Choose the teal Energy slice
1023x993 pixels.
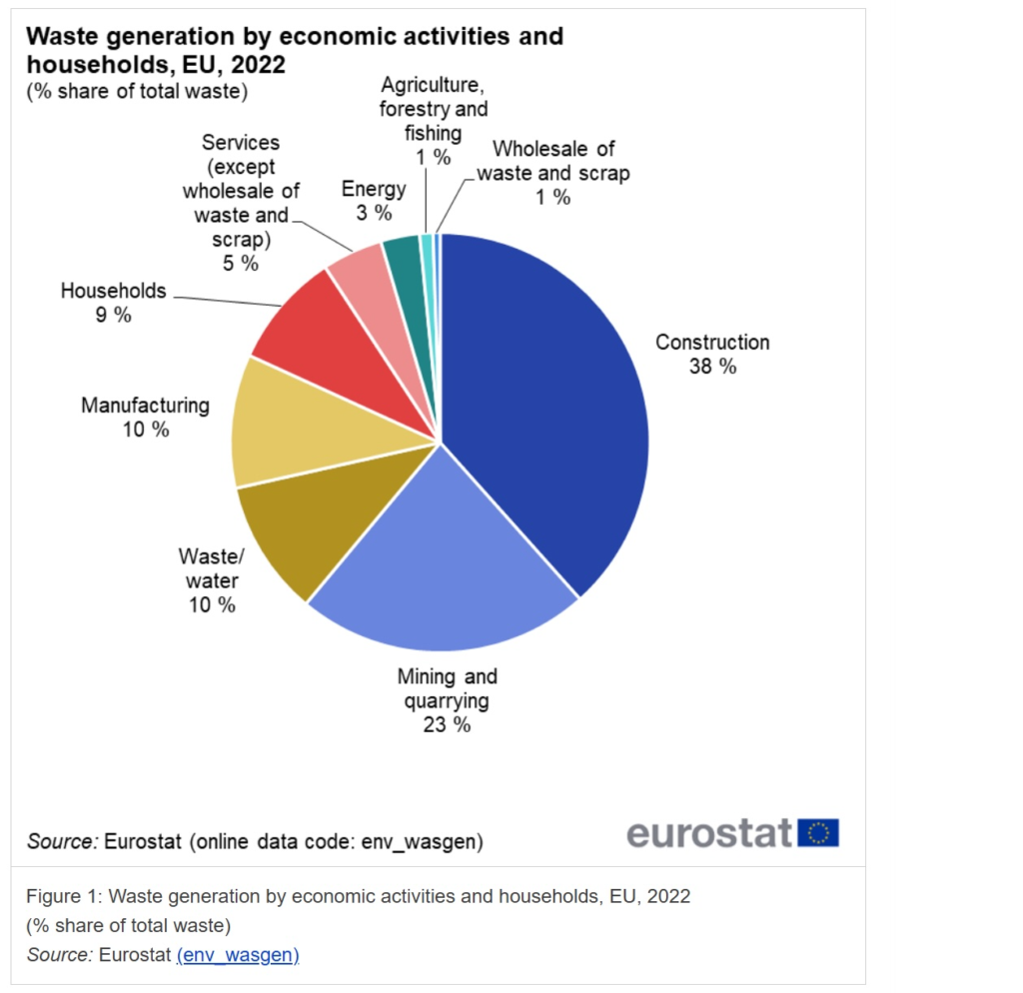click(403, 257)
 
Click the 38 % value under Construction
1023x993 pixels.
click(712, 367)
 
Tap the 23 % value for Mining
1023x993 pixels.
click(447, 724)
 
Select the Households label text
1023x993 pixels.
click(113, 291)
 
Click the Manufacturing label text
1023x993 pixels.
click(145, 405)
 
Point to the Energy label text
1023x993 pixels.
click(374, 189)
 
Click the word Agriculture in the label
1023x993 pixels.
click(431, 85)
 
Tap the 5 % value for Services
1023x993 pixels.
click(240, 263)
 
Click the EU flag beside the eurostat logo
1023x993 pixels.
click(818, 832)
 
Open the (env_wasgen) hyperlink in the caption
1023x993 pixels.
click(238, 955)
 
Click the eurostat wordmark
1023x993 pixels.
click(709, 832)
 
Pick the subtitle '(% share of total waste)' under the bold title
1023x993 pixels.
click(137, 92)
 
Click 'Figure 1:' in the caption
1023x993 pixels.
click(63, 895)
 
